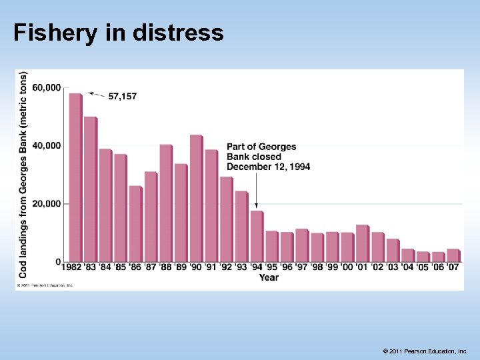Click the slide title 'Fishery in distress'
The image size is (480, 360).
(x=118, y=32)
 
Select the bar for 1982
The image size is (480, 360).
(x=75, y=177)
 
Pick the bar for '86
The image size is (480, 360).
(x=135, y=223)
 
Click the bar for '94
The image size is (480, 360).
(x=256, y=236)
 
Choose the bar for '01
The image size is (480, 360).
(x=361, y=243)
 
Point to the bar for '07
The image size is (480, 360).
(x=452, y=255)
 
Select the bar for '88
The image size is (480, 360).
(x=165, y=203)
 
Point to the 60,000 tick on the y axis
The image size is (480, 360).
(x=46, y=87)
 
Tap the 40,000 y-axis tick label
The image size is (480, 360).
(x=46, y=145)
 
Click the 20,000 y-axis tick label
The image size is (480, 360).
(x=46, y=203)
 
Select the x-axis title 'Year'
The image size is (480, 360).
(x=269, y=277)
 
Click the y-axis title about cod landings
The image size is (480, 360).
(x=23, y=175)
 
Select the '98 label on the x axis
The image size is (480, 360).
(x=317, y=268)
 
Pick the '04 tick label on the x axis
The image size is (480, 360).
(x=407, y=268)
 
